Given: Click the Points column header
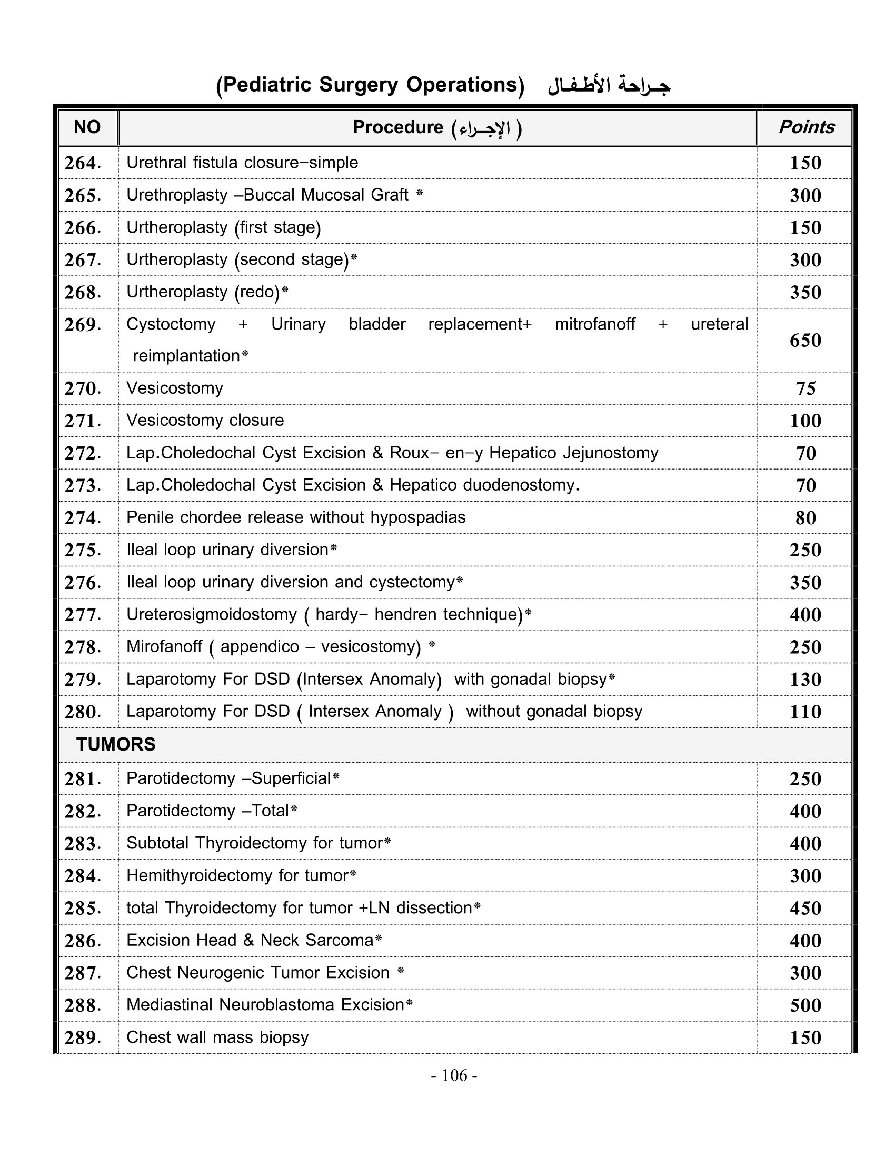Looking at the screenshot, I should [806, 127].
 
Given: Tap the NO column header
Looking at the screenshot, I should [87, 127].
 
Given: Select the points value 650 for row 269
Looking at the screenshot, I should [805, 341].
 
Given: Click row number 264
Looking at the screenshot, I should [83, 163].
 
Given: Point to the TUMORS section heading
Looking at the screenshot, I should [116, 744].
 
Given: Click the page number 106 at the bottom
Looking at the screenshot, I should [454, 1075].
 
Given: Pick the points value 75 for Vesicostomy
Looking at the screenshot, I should [805, 388].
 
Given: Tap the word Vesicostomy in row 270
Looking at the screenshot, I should [174, 388].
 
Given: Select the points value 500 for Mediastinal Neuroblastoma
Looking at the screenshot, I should [805, 1005].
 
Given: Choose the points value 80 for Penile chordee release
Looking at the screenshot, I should [805, 518].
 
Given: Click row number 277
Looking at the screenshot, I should [83, 615].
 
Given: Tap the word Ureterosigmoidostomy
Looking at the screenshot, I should [211, 614].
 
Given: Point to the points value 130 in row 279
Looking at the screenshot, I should [805, 680].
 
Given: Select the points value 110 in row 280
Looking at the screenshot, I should [805, 712].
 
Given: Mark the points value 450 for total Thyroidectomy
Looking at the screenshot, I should [805, 909].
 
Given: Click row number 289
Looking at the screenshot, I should [83, 1037].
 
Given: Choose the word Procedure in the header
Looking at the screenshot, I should [397, 127].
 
